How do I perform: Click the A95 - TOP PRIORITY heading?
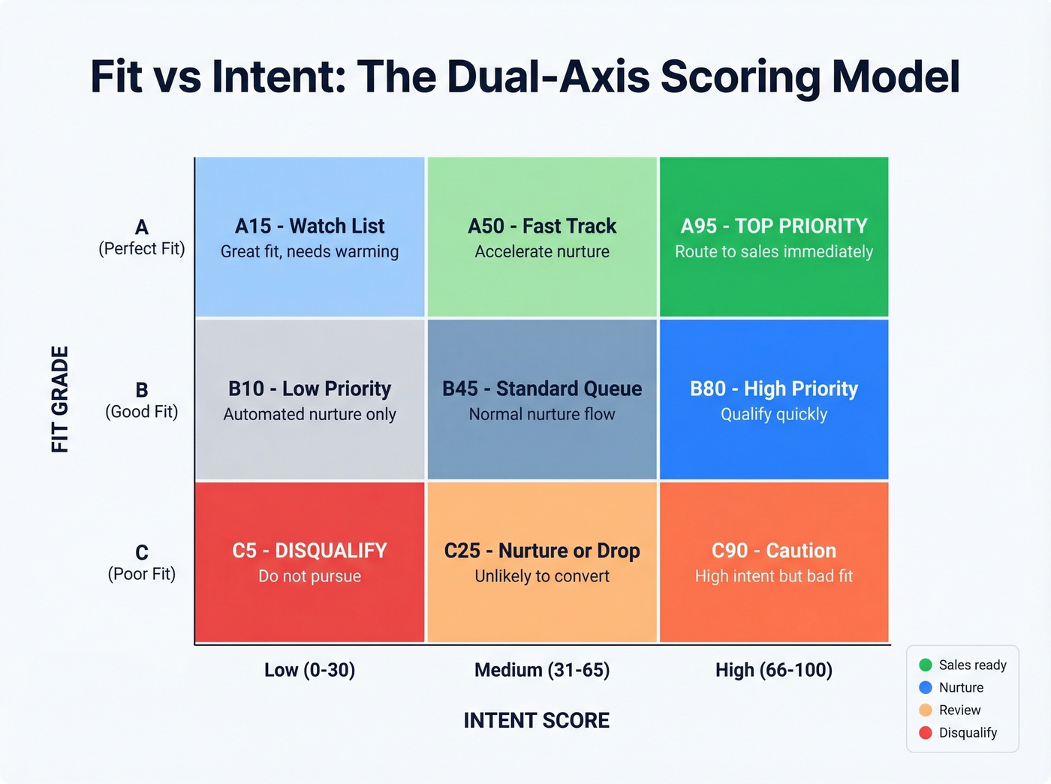773,226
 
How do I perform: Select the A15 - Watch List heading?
309,226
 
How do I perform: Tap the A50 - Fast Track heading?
541,226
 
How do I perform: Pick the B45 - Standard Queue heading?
541,389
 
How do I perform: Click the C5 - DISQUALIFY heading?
309,551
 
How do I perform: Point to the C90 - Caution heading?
773,551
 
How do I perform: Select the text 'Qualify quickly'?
773,414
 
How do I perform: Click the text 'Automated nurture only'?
309,414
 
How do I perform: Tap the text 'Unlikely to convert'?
541,576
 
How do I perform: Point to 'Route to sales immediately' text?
773,251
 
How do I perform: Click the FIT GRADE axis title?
60,399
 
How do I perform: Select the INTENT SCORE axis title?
536,720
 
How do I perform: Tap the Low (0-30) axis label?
309,670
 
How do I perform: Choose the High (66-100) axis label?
773,670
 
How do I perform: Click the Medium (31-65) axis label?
541,670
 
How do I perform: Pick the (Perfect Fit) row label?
141,248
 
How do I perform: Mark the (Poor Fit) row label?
141,574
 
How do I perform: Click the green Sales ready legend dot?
926,665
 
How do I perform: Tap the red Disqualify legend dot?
926,732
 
